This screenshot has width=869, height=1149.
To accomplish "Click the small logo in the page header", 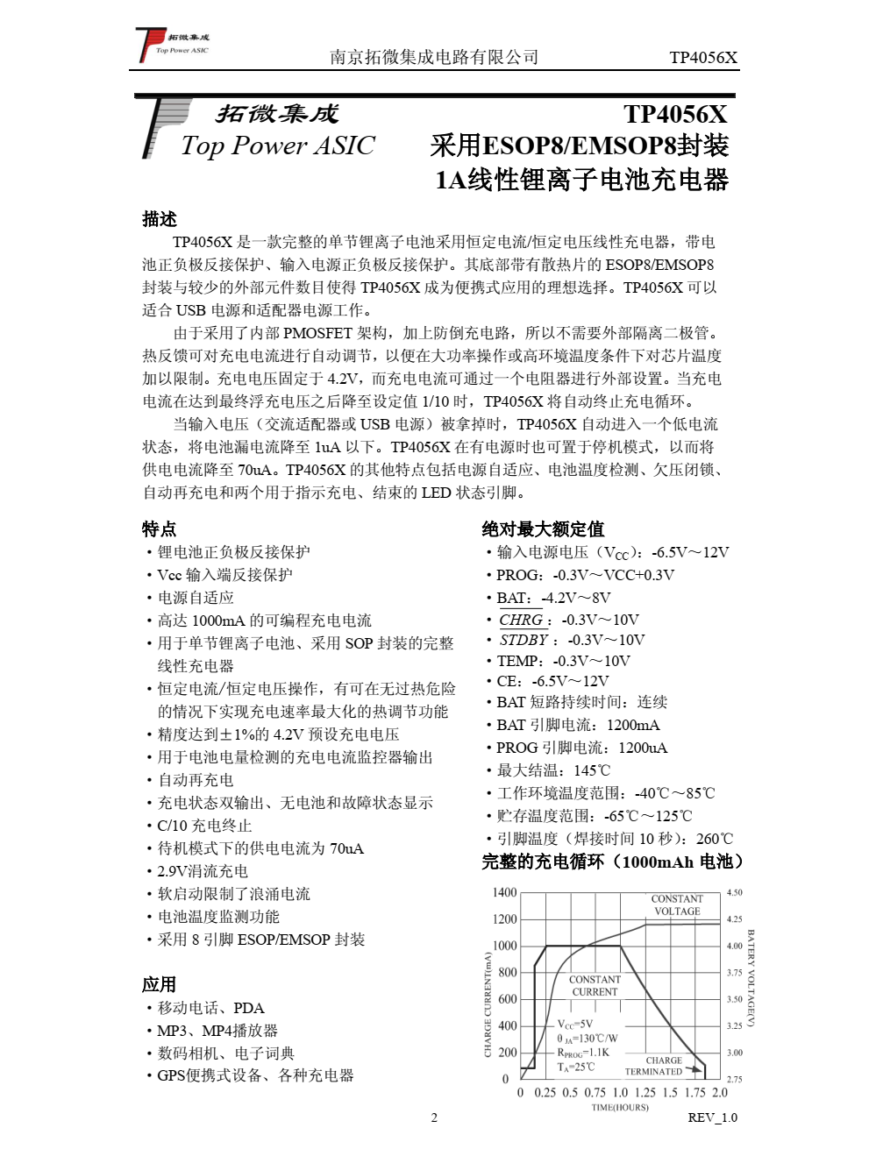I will (172, 45).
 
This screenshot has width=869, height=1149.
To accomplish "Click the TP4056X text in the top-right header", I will (703, 58).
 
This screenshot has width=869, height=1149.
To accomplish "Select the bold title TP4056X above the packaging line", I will (675, 115).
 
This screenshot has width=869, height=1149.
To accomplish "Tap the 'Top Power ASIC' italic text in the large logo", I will (277, 145).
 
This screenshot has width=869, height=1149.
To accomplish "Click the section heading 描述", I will (160, 219).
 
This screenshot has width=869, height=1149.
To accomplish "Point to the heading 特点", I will (160, 528).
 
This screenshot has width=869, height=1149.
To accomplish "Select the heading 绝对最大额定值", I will (543, 528).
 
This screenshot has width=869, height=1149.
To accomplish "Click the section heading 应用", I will (160, 984).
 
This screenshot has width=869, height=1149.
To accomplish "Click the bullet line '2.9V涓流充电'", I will (203, 871).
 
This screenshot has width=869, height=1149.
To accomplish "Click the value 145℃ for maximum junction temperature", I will (592, 770).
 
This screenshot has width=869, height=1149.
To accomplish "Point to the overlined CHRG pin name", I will (521, 620).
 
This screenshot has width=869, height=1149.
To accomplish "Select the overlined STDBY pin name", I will (524, 640).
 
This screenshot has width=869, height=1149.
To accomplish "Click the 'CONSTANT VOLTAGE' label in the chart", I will (677, 904).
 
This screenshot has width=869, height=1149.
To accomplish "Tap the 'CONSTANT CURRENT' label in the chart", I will (595, 986).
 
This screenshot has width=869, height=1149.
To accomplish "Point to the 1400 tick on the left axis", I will (504, 892).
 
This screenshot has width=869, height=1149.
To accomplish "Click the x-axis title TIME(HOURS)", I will (620, 1107).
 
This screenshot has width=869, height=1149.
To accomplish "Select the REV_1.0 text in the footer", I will (712, 1117).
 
